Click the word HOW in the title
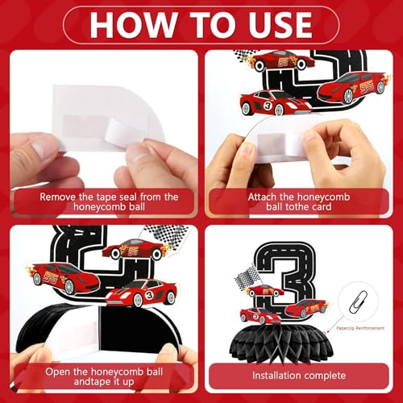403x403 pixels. (x=133, y=25)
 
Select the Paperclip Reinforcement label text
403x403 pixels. (x=360, y=328)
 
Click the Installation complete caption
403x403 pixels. (x=299, y=376)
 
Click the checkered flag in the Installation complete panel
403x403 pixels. (x=246, y=276)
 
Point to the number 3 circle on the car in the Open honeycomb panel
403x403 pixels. (x=149, y=295)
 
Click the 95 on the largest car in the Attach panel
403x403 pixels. (x=367, y=87)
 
